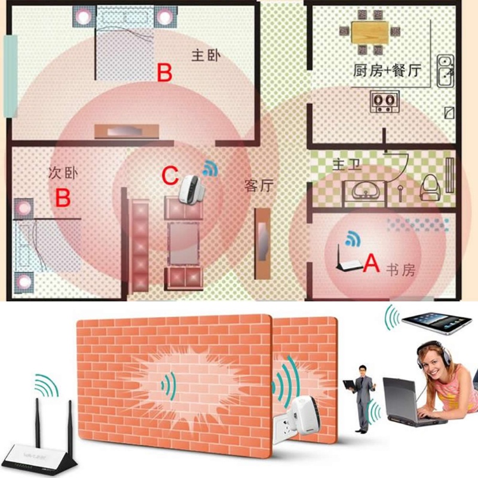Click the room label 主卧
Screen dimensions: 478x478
206,56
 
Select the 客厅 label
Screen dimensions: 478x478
259,186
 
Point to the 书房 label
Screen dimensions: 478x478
399,271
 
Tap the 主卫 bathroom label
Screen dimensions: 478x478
330,164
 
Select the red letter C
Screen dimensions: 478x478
170,176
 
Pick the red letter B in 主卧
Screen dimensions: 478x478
164,73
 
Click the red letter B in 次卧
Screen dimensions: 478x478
63,197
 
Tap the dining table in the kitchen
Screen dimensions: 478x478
369,32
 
